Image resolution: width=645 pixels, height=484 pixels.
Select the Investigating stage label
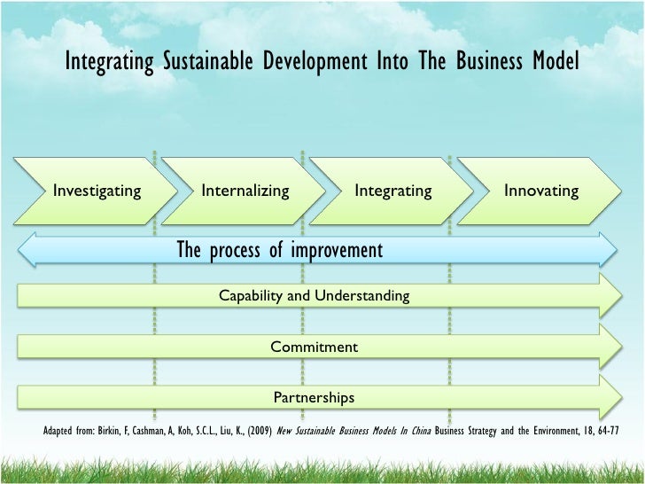point(97,191)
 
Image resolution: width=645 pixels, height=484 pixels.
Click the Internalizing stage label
point(245,191)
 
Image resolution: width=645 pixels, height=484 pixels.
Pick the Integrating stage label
point(393,191)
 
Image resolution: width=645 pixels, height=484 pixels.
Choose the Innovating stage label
point(540,191)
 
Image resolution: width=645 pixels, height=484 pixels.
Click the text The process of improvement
point(280,250)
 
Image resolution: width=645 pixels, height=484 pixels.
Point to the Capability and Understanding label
point(315,296)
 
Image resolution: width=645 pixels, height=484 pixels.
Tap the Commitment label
point(315,347)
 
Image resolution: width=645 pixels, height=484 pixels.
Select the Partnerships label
point(314,398)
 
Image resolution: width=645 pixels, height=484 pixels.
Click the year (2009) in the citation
point(260,433)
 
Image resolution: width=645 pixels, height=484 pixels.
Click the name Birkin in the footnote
point(116,433)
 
